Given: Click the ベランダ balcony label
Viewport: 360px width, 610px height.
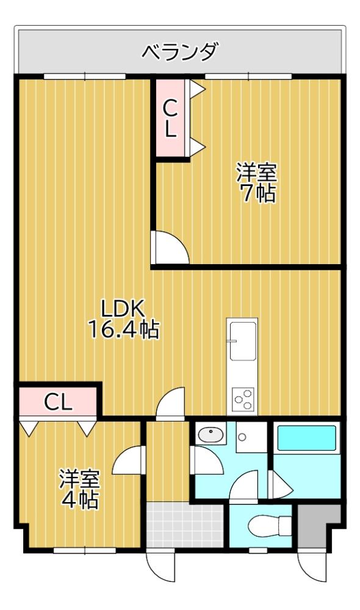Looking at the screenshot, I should pyautogui.click(x=179, y=52).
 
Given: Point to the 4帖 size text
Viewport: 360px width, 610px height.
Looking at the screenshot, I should pyautogui.click(x=79, y=500).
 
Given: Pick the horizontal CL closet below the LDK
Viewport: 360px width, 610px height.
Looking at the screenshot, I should pyautogui.click(x=58, y=401).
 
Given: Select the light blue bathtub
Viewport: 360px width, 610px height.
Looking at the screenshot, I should pyautogui.click(x=307, y=438).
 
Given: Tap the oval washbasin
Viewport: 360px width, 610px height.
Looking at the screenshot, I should pyautogui.click(x=211, y=434).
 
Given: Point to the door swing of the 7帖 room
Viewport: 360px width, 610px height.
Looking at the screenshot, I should pyautogui.click(x=168, y=247).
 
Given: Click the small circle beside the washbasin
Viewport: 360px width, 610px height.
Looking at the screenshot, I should pyautogui.click(x=242, y=437).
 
